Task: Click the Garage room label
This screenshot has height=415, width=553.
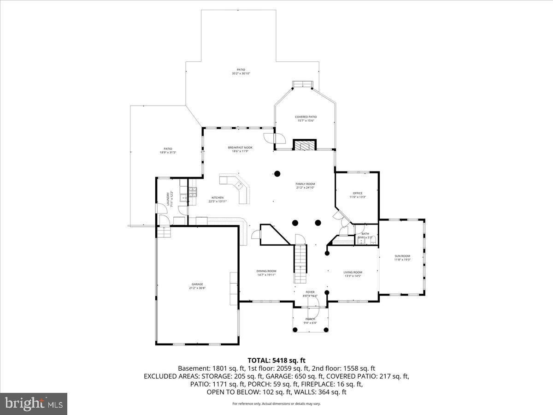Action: click(x=197, y=285)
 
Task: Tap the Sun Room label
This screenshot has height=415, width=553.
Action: click(x=402, y=256)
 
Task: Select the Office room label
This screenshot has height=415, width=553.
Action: click(x=358, y=193)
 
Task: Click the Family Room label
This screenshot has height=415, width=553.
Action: click(x=305, y=184)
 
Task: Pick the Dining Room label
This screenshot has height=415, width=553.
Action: click(x=266, y=271)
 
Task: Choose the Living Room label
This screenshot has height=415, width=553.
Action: click(x=353, y=272)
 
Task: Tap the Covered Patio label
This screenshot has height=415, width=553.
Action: click(x=306, y=117)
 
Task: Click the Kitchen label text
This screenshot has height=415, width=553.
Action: click(x=217, y=197)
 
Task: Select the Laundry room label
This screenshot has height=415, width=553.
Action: click(x=168, y=199)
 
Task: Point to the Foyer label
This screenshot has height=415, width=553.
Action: click(x=310, y=292)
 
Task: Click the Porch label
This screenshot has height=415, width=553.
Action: click(x=310, y=319)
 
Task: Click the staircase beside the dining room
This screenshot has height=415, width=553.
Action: click(x=300, y=263)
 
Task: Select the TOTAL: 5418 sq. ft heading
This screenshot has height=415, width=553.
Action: click(x=276, y=360)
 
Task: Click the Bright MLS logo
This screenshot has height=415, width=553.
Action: click(x=34, y=403)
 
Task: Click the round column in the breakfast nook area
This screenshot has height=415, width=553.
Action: click(x=277, y=174)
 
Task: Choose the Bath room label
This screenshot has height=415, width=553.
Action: click(x=365, y=234)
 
